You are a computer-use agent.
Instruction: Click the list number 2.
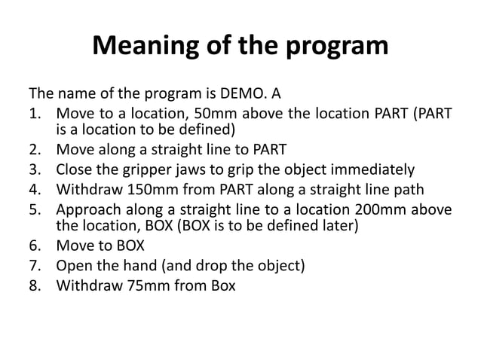point(34,148)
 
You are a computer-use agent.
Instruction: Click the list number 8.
point(34,285)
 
